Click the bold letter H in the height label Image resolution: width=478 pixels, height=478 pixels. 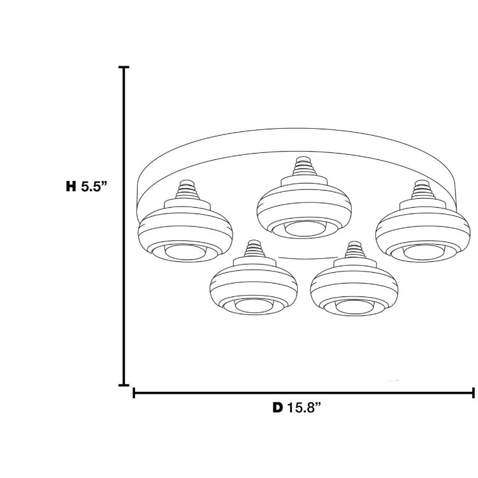pos(71,187)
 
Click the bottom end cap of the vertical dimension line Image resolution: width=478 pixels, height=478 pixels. pos(124,385)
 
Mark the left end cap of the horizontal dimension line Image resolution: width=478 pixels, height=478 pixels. pos(134,393)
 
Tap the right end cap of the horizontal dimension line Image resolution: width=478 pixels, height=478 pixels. pos(473,393)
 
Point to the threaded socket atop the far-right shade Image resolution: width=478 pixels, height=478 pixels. pos(421,191)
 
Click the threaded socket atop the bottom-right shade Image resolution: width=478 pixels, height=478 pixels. pos(354,250)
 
